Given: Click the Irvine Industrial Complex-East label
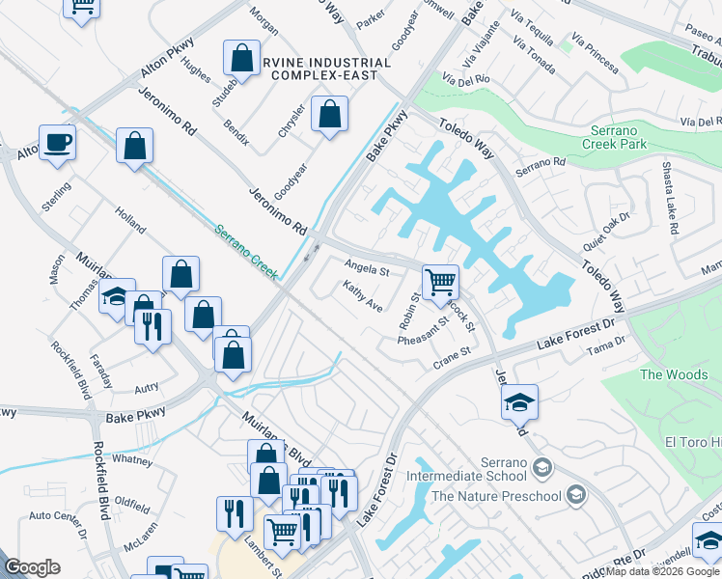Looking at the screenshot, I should [329, 69].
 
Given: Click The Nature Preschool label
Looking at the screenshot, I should [496, 496].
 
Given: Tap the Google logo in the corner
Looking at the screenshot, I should [32, 567].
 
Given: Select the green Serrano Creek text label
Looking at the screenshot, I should [247, 254].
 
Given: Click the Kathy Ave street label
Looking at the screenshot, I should [363, 295].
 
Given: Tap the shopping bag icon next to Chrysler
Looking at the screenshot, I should [330, 115].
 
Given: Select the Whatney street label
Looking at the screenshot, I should [131, 460].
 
